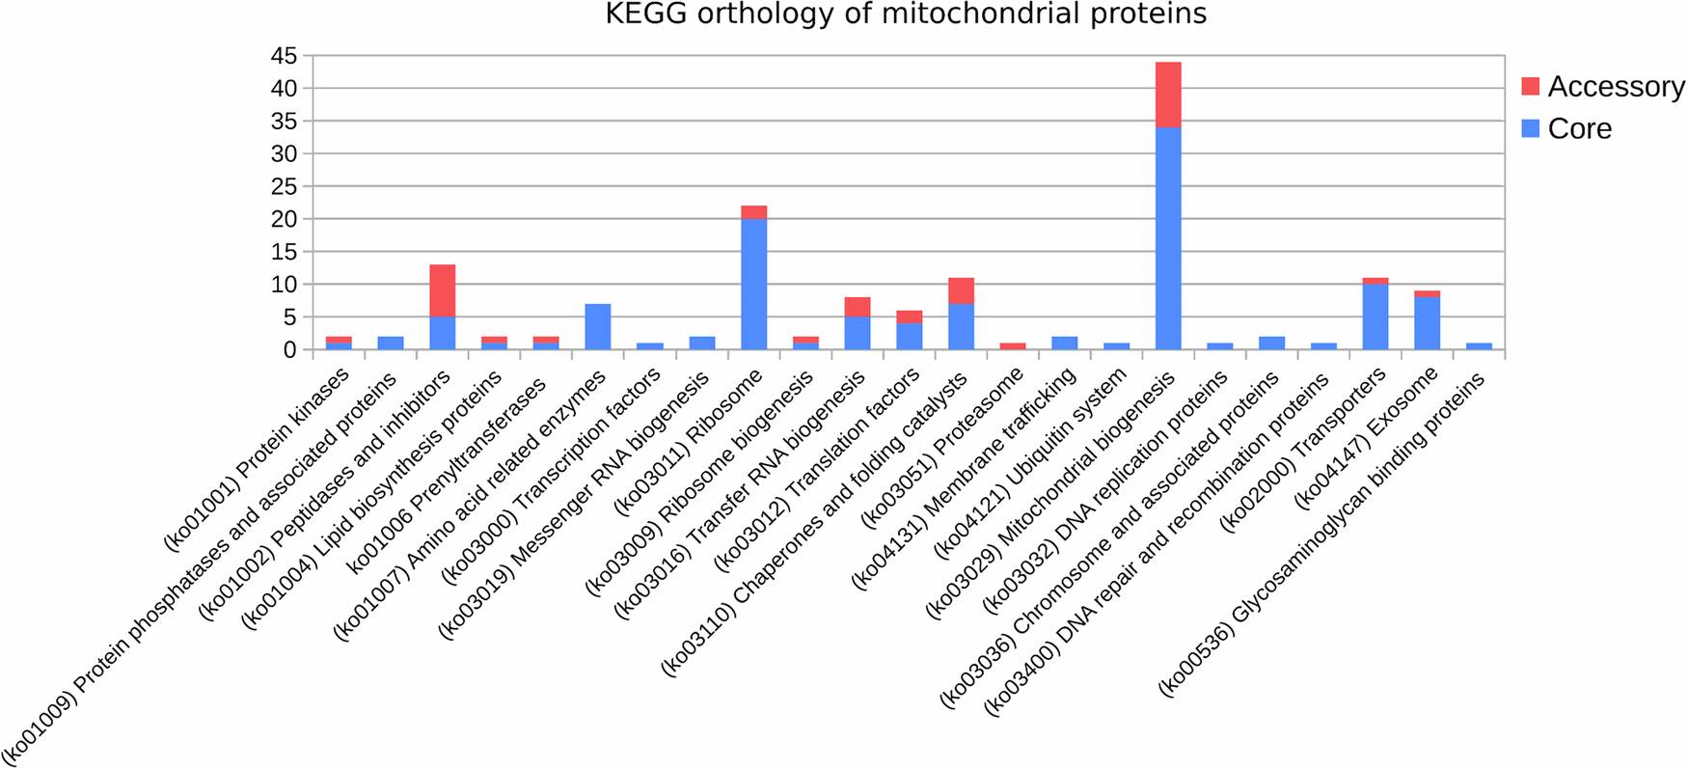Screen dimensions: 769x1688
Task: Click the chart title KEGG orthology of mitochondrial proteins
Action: coord(906,14)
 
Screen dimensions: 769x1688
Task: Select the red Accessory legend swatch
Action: coord(1530,86)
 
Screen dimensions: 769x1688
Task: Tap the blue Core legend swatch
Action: coord(1530,128)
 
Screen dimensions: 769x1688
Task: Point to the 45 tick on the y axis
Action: coord(284,56)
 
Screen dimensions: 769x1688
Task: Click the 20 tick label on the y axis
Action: coord(284,219)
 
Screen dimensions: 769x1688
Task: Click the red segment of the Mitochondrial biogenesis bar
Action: coord(1168,95)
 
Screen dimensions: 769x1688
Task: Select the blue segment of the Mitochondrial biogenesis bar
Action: coord(1168,238)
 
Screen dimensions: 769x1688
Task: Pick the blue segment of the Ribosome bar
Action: coord(753,284)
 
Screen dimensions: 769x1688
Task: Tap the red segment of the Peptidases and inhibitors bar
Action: coord(442,290)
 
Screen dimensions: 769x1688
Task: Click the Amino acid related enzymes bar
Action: coord(597,327)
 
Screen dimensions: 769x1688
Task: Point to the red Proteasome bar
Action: coord(1013,345)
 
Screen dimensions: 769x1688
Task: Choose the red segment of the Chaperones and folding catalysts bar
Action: coord(961,291)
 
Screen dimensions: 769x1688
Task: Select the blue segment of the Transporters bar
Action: coord(1375,317)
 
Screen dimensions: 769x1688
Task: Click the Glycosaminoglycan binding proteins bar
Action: coord(1479,345)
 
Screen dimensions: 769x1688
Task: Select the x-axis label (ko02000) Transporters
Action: coord(1303,450)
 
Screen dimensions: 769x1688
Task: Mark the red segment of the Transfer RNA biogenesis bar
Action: coord(857,307)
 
